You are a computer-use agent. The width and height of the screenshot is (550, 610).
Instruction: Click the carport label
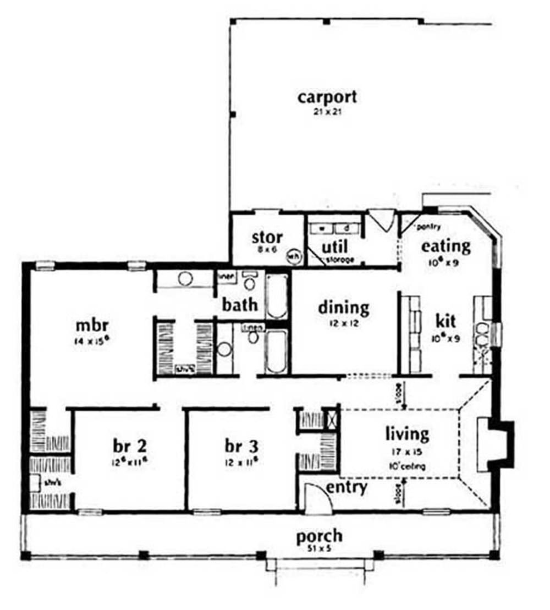coord(327,97)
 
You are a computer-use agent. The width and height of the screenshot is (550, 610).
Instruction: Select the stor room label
coord(267,238)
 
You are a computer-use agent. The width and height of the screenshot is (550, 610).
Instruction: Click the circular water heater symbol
coord(294,256)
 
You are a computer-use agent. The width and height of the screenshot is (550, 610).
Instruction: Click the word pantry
coord(430,226)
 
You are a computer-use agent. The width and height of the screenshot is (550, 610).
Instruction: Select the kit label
coord(446,320)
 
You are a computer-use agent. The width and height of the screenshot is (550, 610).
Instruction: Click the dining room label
coord(344,307)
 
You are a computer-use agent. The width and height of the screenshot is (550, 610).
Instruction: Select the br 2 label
coord(130,444)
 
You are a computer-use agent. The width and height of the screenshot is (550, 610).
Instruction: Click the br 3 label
coord(242,444)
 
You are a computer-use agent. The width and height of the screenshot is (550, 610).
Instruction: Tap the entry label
coord(346,487)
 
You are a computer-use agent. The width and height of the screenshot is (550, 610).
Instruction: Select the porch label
coord(319,536)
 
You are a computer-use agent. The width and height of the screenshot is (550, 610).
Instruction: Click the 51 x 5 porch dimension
coord(319,548)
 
